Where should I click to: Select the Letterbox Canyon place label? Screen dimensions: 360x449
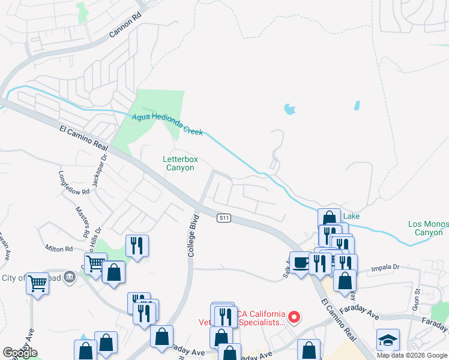pyautogui.click(x=180, y=163)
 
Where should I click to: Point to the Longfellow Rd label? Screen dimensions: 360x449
pyautogui.click(x=73, y=183)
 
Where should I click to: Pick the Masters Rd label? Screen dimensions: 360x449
pyautogui.click(x=82, y=221)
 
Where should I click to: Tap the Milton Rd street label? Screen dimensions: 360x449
pyautogui.click(x=58, y=248)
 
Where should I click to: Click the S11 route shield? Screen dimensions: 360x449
pyautogui.click(x=224, y=218)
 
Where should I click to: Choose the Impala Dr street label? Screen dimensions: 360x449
pyautogui.click(x=385, y=269)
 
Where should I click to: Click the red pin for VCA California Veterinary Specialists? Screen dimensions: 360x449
pyautogui.click(x=294, y=316)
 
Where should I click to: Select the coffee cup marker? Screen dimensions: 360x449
pyautogui.click(x=301, y=262)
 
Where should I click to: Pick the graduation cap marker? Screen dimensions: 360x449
pyautogui.click(x=388, y=339)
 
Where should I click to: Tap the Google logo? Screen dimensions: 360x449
pyautogui.click(x=20, y=353)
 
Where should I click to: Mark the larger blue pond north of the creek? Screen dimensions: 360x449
pyautogui.click(x=290, y=109)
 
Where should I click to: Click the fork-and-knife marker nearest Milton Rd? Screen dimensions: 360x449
pyautogui.click(x=136, y=245)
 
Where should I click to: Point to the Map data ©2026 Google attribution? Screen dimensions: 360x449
pyautogui.click(x=412, y=355)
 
